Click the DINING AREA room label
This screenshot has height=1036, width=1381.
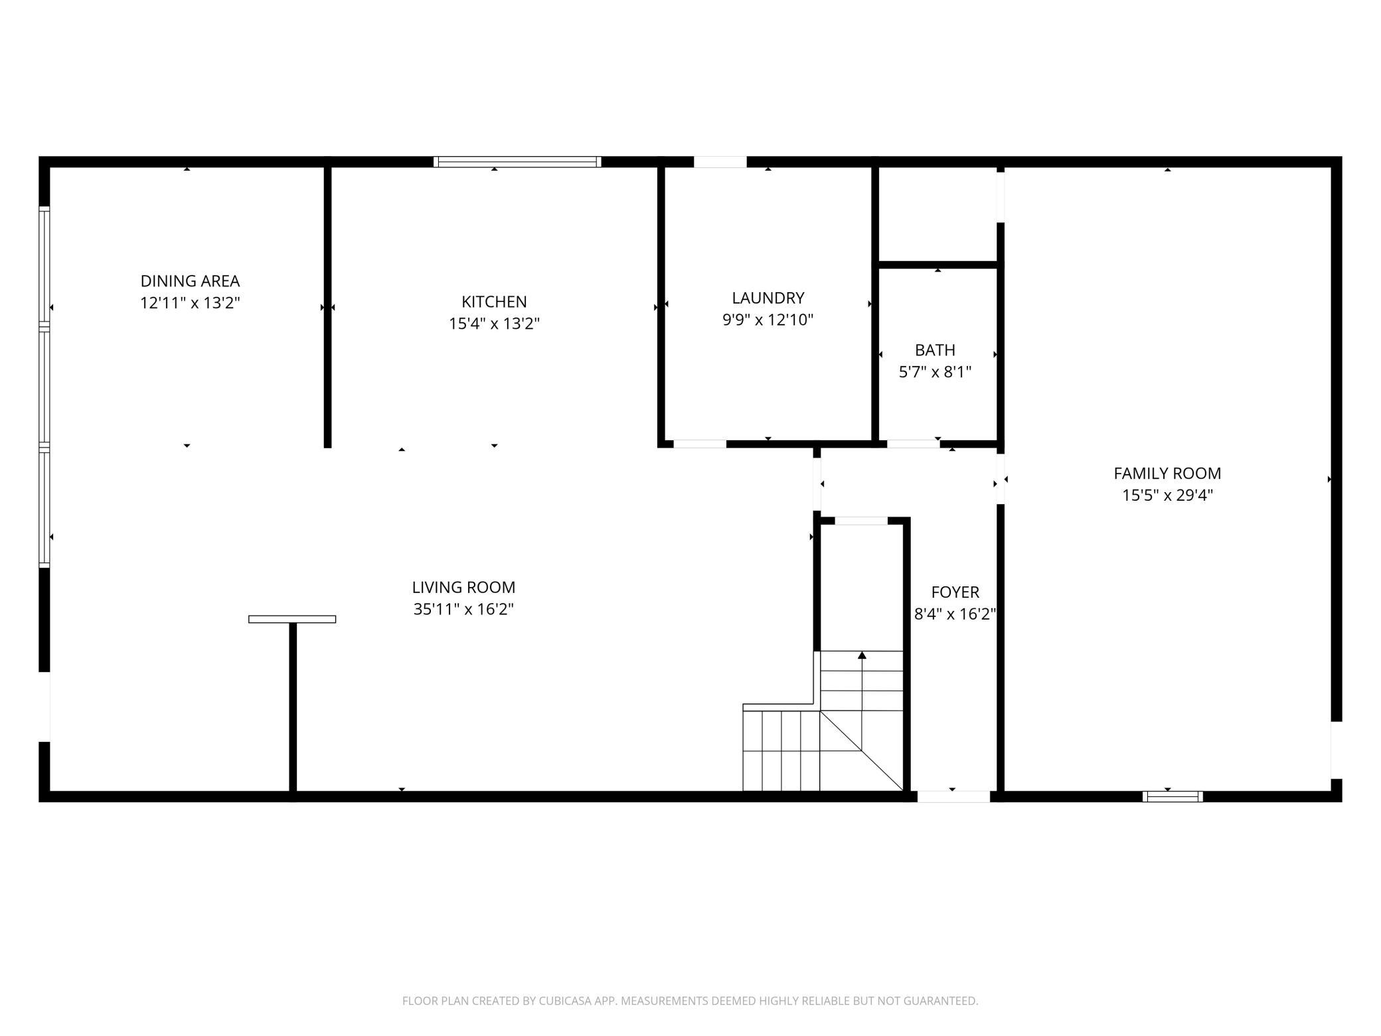[190, 281]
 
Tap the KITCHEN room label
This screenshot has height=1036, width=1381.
[494, 302]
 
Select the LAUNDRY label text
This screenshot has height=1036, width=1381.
[768, 298]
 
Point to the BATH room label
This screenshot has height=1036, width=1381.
[935, 350]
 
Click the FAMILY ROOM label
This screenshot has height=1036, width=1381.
[1167, 474]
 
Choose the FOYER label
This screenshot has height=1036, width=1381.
[955, 592]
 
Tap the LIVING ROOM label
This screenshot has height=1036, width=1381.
[463, 587]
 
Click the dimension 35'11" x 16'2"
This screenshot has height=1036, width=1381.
[463, 609]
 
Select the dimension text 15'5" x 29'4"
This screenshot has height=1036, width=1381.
[1167, 495]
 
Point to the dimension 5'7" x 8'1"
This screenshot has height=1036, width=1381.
[935, 372]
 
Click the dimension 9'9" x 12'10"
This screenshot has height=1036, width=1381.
[768, 320]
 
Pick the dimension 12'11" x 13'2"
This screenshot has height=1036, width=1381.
[190, 303]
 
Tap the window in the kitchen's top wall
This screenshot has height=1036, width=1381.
[517, 161]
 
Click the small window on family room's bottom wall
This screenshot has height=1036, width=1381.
[1173, 796]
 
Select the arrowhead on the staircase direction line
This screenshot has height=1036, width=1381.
[862, 655]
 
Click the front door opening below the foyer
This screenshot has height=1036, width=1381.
[953, 796]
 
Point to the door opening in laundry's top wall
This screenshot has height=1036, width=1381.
[720, 161]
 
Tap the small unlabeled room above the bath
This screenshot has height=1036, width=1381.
[937, 213]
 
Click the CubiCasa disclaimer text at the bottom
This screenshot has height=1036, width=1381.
[690, 1001]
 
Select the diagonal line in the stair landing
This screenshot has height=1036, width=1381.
[862, 750]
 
